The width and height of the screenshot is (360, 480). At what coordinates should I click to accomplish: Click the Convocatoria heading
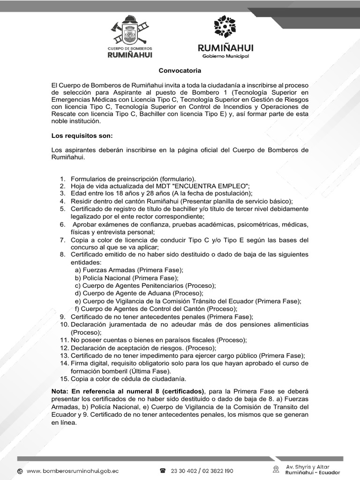coord(180,71)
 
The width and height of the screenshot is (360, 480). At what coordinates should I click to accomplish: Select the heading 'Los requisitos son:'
coord(82,136)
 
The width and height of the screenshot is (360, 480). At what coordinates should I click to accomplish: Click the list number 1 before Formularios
coord(62,179)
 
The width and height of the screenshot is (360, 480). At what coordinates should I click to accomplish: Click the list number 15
coord(64,378)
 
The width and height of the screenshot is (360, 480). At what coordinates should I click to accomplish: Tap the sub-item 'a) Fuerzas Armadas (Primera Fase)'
coord(129,270)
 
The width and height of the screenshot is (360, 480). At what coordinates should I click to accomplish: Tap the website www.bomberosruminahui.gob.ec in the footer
coord(73,471)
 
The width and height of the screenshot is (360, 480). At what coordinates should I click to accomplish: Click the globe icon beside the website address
coord(20,471)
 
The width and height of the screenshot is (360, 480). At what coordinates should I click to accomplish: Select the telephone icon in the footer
coord(163,471)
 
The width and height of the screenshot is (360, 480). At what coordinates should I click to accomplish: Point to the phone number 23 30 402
coord(185,471)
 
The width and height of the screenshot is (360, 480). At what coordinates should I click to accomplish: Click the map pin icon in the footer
coord(277,469)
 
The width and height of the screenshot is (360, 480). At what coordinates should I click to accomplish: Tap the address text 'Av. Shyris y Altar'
coord(307,467)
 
